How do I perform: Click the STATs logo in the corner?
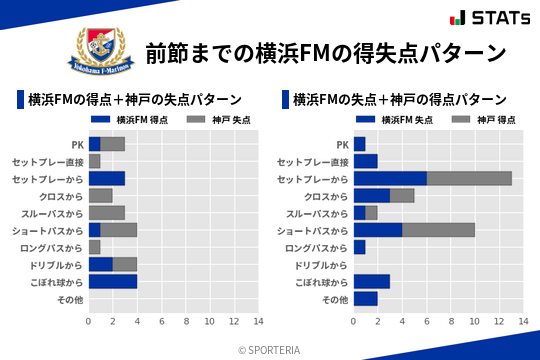point(487,17)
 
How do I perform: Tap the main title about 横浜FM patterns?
point(326,52)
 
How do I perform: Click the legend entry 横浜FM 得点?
point(137,120)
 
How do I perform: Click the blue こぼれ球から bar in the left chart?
point(112,281)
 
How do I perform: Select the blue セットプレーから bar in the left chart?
point(106,178)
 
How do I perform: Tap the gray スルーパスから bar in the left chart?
point(106,212)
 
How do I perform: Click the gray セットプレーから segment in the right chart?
point(469,178)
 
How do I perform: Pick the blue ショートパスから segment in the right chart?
point(378,230)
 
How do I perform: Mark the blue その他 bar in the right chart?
point(365,298)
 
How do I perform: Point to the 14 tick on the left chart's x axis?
point(258,322)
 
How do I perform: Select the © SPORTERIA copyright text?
point(269,349)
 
